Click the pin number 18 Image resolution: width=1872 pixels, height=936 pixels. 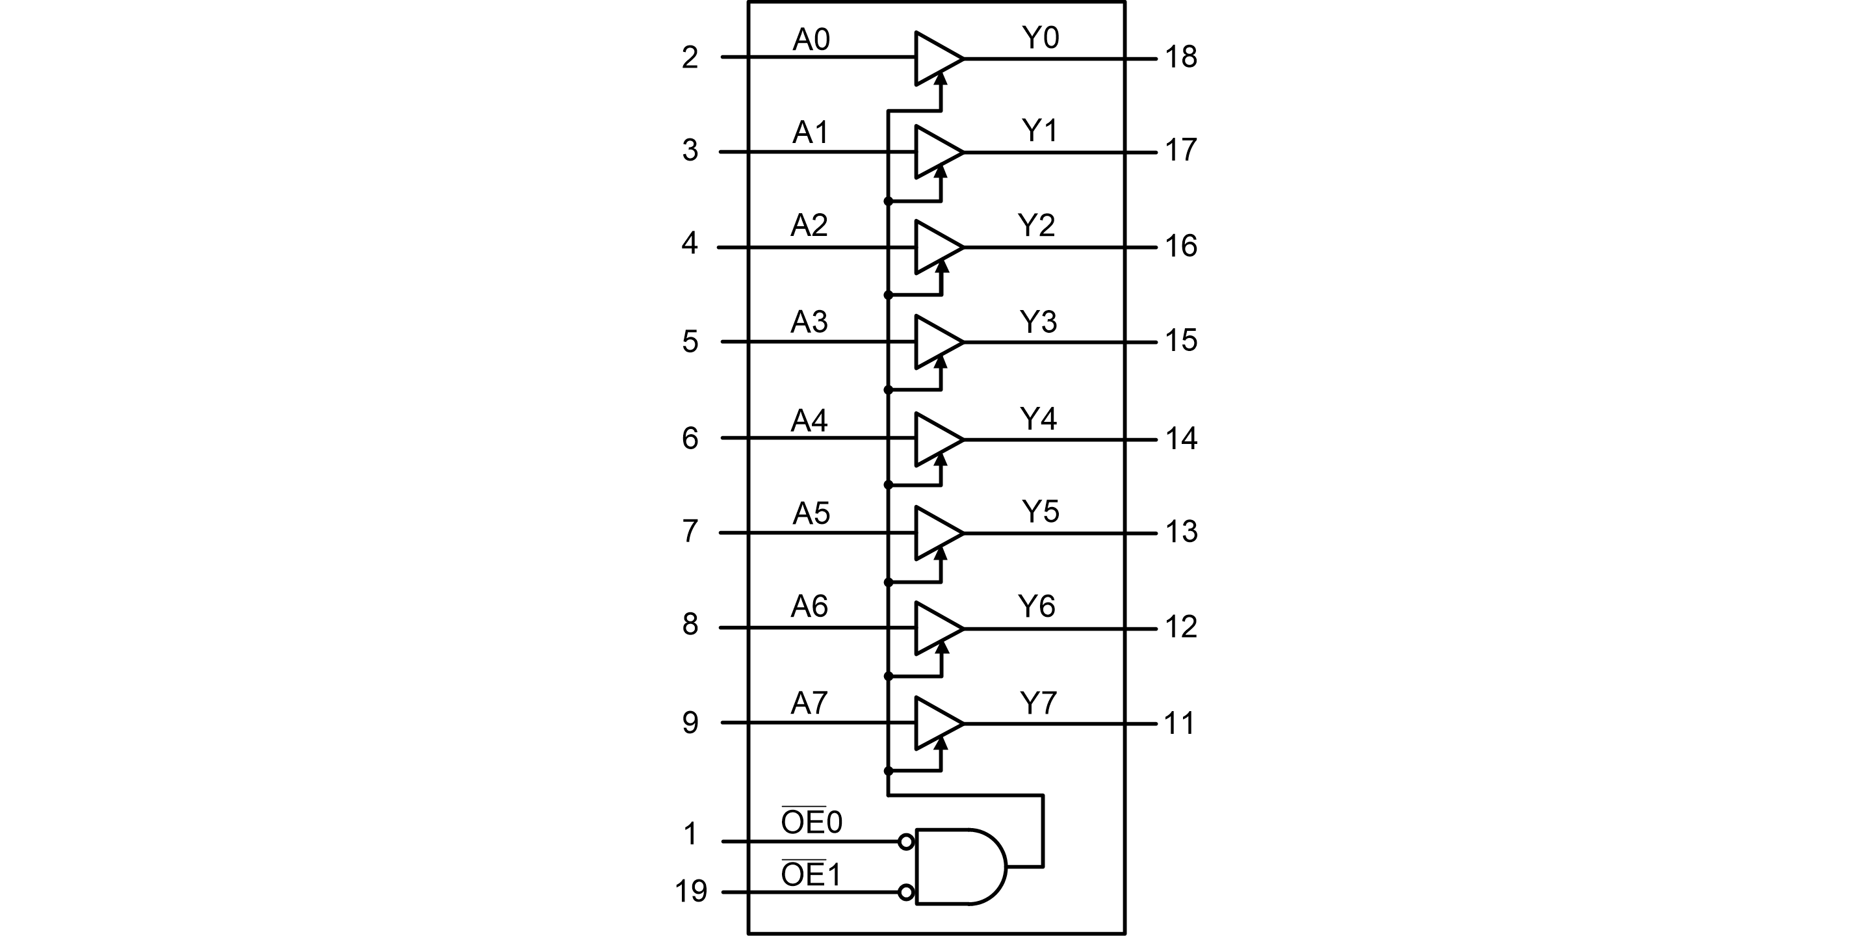[x=1181, y=57]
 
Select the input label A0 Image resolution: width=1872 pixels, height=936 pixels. [x=811, y=39]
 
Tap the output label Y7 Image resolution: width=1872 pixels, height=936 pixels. [x=1038, y=703]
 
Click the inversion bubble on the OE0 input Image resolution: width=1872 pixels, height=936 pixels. [x=905, y=842]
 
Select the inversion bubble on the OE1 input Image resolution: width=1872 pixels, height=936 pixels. [x=905, y=892]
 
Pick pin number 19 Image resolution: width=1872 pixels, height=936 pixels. [x=690, y=891]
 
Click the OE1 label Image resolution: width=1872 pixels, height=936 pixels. [x=811, y=874]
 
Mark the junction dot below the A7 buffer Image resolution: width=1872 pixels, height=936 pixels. [x=888, y=770]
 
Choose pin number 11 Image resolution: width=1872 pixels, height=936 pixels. [x=1178, y=723]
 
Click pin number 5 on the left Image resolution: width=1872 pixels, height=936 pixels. [x=690, y=341]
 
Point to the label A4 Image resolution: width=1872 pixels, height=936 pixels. [x=809, y=420]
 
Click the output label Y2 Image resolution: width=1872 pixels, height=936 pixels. [x=1035, y=226]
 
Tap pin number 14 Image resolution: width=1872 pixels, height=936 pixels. [x=1181, y=438]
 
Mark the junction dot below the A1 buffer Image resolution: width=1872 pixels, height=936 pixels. [x=888, y=201]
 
